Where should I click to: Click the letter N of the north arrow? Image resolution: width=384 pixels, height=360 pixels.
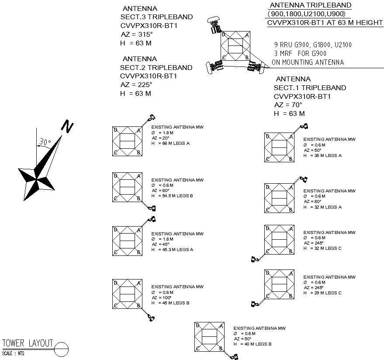coord(67,126)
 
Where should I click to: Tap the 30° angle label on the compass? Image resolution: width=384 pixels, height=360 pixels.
coord(45,142)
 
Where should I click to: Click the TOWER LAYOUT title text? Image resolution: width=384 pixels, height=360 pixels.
coord(28,343)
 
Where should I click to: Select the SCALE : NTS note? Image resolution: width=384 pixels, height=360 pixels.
coord(13,353)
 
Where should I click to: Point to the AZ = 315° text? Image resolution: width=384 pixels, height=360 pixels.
coord(137,35)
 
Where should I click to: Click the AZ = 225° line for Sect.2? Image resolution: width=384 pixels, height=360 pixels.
coord(136,84)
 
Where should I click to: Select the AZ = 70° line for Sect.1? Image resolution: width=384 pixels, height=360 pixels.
coord(288,105)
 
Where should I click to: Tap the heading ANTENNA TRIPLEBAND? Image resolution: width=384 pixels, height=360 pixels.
coord(310,5)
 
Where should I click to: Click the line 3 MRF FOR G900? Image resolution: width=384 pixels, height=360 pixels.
coord(301,53)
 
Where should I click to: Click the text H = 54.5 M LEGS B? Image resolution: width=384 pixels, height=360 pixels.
coord(172,196)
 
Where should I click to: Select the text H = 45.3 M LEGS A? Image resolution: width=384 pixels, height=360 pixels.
coord(172,250)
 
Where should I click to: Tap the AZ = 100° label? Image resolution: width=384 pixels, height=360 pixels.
coord(162,297)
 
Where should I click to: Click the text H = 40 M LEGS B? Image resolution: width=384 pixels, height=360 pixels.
coord(253,344)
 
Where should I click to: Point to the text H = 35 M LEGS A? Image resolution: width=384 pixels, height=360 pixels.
coord(322,155)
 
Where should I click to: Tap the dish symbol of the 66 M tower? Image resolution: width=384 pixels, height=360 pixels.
coord(152,118)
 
